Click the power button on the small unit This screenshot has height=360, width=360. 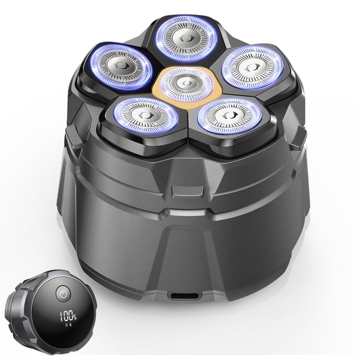click(x=63, y=294)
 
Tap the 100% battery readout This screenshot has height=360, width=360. click(x=68, y=317)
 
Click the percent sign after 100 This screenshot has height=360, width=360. click(x=75, y=317)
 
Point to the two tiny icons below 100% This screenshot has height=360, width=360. click(x=68, y=325)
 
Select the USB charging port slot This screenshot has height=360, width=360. click(x=183, y=296)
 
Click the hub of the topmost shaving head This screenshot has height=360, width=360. click(x=186, y=38)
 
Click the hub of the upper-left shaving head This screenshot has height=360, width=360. click(x=121, y=66)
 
